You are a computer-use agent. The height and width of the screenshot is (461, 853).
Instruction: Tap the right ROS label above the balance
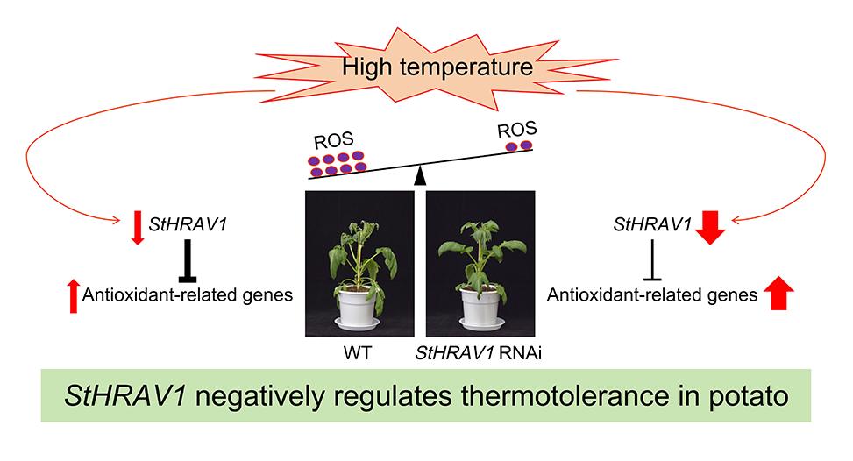pyautogui.click(x=515, y=130)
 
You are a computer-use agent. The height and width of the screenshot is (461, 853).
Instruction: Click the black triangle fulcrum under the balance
pyautogui.click(x=421, y=176)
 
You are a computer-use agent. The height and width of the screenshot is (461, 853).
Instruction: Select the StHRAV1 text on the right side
pyautogui.click(x=650, y=226)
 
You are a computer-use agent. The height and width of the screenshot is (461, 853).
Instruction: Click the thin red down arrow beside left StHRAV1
pyautogui.click(x=136, y=227)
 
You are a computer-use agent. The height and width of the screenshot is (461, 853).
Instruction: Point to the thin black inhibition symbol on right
pyautogui.click(x=650, y=260)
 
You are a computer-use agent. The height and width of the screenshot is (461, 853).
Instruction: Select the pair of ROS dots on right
pyautogui.click(x=520, y=145)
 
